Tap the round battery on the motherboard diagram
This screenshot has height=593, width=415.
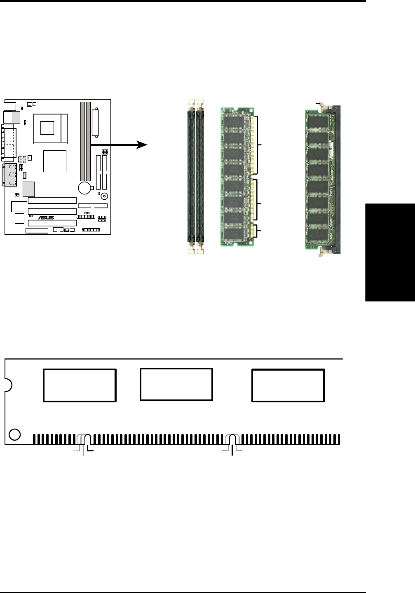(84, 188)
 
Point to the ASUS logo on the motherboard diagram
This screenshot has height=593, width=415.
(46, 217)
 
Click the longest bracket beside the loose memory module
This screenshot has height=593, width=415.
(258, 145)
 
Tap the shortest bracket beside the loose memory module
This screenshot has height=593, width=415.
(258, 231)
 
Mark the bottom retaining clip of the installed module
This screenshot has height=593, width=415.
(324, 253)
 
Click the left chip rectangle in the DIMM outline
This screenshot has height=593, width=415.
(80, 385)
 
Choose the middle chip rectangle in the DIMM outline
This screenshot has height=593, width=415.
(176, 384)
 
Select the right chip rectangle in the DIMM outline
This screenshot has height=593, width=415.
(288, 385)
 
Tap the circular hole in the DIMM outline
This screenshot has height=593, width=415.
(14, 434)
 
